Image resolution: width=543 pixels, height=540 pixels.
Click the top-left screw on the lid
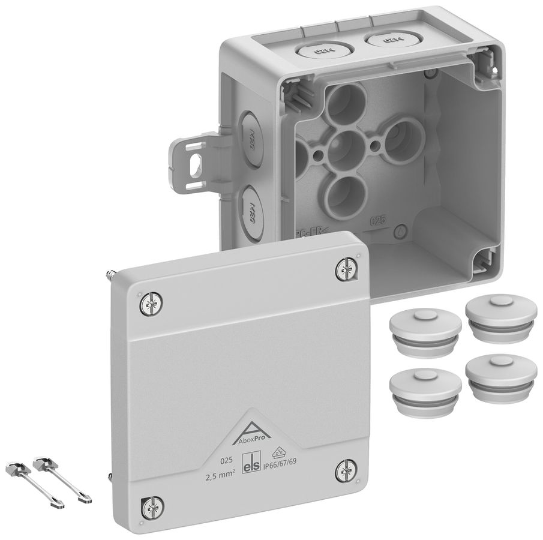(x=151, y=305)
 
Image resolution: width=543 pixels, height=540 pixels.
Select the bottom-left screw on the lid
(x=151, y=507)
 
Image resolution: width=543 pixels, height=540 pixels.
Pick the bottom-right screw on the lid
(x=346, y=470)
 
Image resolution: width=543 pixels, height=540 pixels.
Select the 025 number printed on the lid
(x=226, y=461)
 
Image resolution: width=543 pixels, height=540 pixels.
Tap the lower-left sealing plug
(x=425, y=390)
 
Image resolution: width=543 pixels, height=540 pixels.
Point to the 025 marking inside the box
(x=377, y=221)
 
